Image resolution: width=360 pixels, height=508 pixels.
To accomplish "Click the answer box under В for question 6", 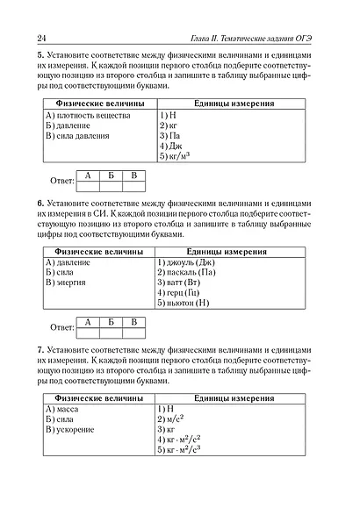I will tap(133, 333).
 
